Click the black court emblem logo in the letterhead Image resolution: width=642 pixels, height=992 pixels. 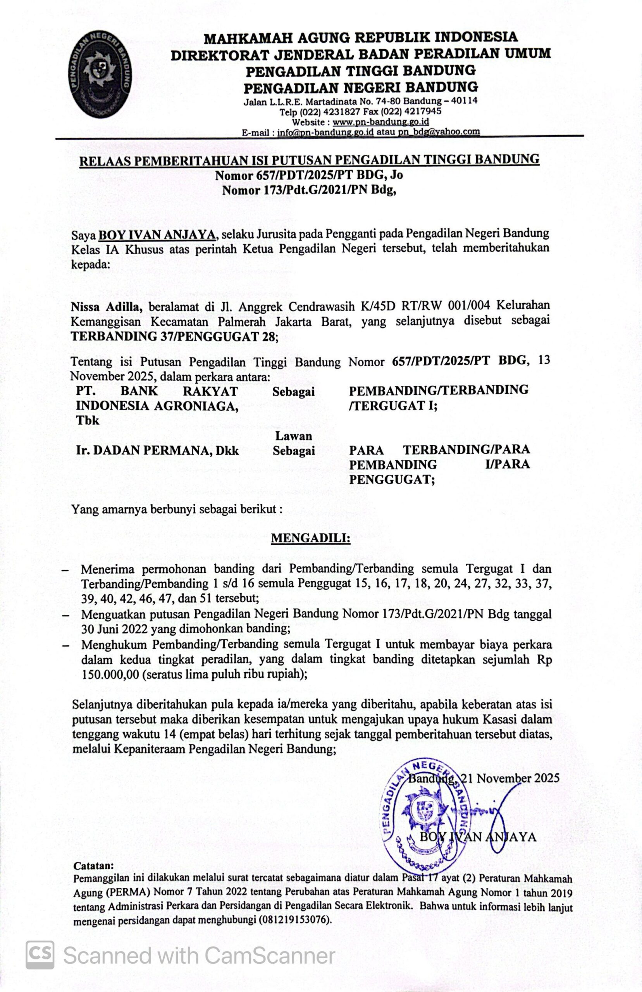(100, 74)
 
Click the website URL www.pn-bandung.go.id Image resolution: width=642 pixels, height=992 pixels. (380, 122)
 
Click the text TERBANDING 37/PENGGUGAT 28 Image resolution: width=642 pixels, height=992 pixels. (173, 337)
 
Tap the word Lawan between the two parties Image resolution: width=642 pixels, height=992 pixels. (293, 436)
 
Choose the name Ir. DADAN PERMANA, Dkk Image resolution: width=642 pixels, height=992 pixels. (158, 451)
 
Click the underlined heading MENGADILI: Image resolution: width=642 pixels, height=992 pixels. (311, 538)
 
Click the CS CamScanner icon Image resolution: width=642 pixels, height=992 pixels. (40, 955)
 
